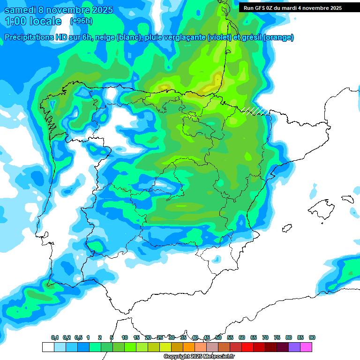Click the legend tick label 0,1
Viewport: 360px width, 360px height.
[x=55, y=337]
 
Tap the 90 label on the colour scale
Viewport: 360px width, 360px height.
[x=312, y=337]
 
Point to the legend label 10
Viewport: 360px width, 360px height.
[x=125, y=337]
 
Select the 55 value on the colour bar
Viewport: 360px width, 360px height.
[x=230, y=337]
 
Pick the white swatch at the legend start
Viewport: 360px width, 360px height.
[x=48, y=347]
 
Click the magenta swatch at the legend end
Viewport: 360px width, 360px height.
[x=306, y=347]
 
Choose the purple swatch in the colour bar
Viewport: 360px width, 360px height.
[x=294, y=347]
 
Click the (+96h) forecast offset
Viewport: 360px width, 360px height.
[x=82, y=21]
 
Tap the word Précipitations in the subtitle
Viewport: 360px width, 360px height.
[x=29, y=37]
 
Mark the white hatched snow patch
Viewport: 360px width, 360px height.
[x=255, y=111]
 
